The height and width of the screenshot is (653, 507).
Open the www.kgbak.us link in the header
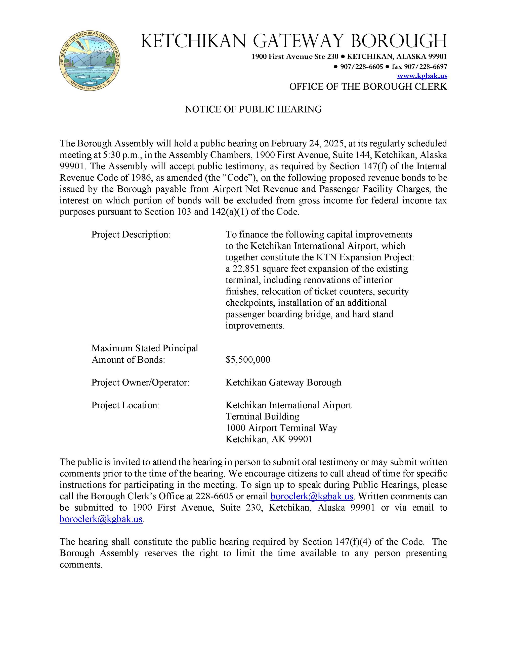pos(422,76)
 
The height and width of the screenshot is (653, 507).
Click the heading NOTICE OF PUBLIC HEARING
pos(253,110)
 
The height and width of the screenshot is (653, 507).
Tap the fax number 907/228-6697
pos(419,66)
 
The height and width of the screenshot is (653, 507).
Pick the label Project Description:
pos(131,234)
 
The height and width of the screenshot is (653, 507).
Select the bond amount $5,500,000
pos(248,359)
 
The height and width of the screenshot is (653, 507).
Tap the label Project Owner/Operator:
pos(140,383)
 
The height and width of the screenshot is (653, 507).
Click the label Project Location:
pos(125,405)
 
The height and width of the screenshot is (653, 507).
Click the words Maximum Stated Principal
pos(145,348)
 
